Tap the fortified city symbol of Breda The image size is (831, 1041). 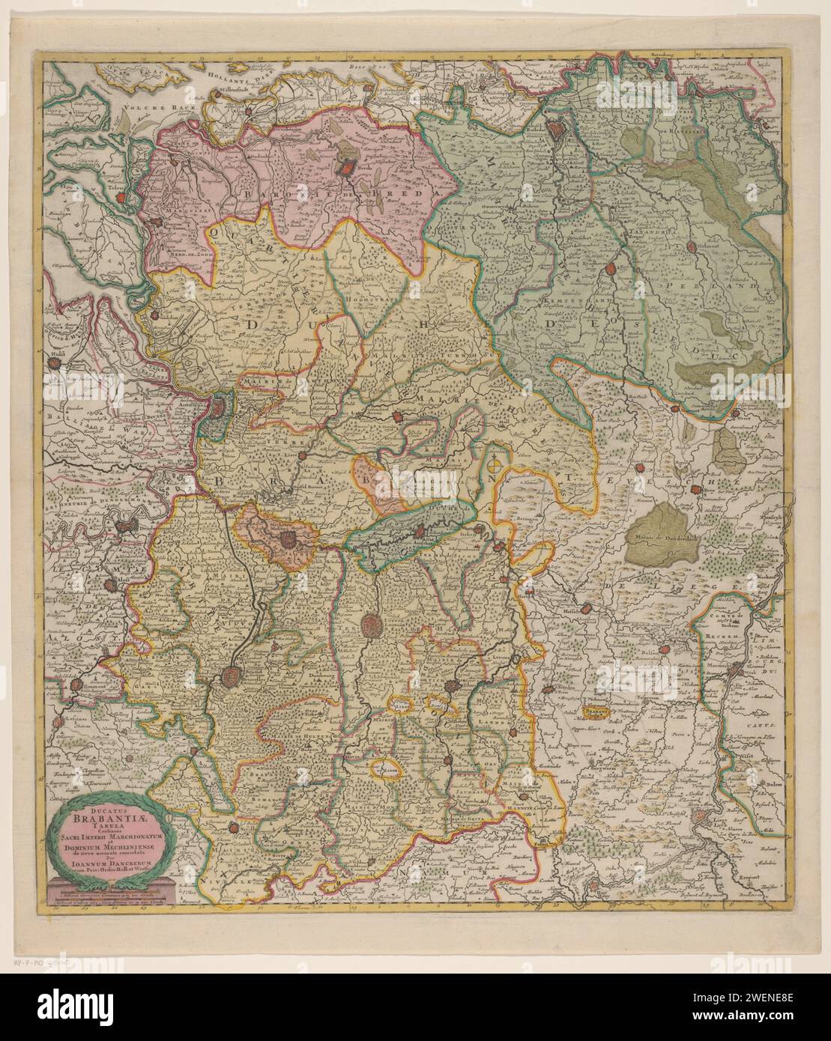pos(347,169)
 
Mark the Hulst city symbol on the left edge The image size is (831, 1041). pos(54,364)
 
